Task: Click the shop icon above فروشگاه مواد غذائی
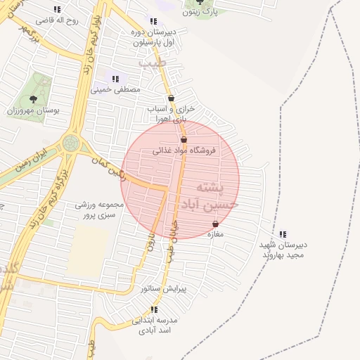pos(184,140)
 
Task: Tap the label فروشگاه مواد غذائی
pos(186,150)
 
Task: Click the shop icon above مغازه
pos(215,224)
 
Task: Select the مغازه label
pos(215,235)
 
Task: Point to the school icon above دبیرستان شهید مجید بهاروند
pos(283,234)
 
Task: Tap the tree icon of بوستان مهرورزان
pos(33,99)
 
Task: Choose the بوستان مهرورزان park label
pos(33,110)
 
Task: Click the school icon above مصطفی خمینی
pos(115,79)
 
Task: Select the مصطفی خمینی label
pos(115,90)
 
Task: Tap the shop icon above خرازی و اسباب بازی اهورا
pos(171,98)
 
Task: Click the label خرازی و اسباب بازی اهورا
pos(171,114)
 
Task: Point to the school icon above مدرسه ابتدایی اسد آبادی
pos(154,309)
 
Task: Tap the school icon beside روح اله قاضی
pos(57,10)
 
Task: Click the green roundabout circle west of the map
pos(70,143)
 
